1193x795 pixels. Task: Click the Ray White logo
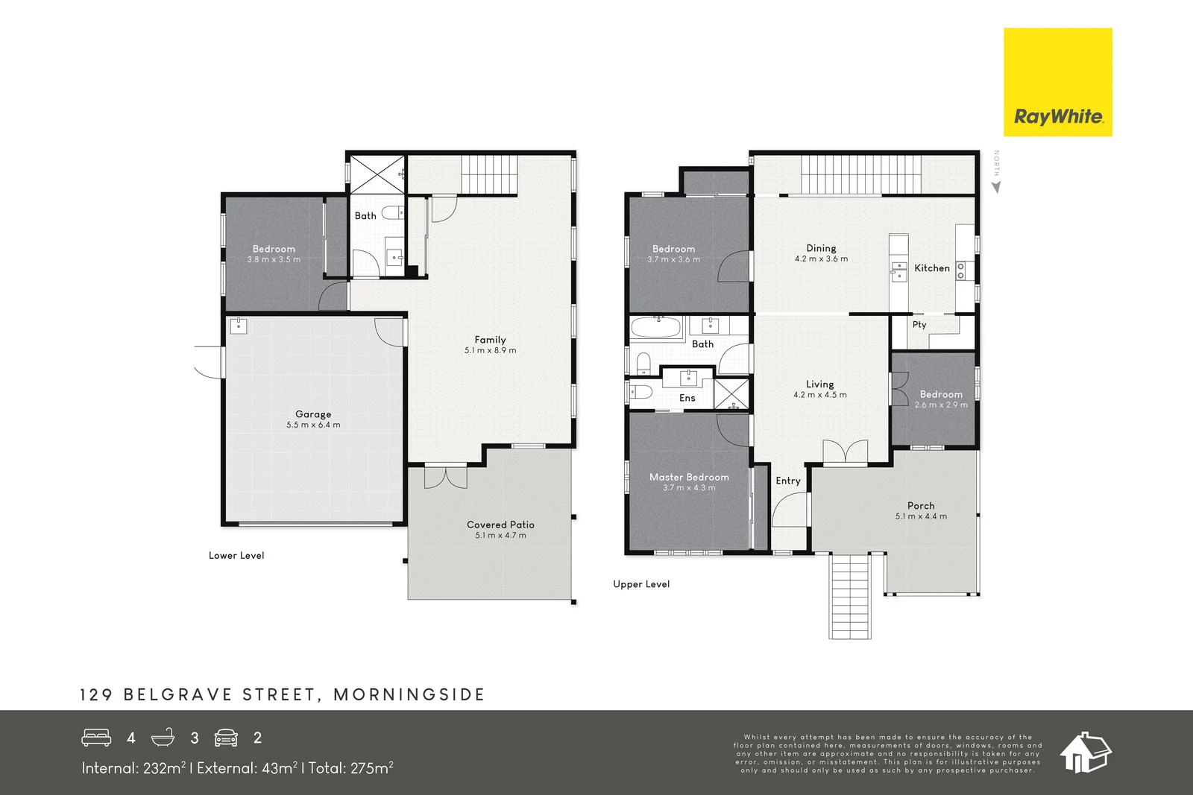(1058, 82)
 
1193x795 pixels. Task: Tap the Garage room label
(313, 414)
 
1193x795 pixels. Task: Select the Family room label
(490, 340)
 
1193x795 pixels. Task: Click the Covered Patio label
(500, 525)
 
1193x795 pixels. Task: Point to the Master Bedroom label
(689, 478)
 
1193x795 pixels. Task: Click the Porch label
(921, 505)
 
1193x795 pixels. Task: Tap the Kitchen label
(932, 268)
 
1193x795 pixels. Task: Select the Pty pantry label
(919, 325)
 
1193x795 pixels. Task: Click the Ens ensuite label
(687, 398)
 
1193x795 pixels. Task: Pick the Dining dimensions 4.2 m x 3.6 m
(821, 259)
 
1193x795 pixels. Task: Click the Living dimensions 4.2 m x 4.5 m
(819, 395)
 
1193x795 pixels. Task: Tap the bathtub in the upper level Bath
(656, 327)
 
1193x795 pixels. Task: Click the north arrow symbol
(996, 187)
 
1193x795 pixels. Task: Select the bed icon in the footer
(96, 738)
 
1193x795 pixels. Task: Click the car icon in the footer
(226, 738)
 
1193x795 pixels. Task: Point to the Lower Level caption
(236, 556)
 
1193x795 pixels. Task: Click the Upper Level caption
(641, 584)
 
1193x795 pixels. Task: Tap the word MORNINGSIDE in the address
(409, 694)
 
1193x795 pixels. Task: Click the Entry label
(788, 481)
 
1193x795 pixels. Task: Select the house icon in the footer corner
(1085, 753)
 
